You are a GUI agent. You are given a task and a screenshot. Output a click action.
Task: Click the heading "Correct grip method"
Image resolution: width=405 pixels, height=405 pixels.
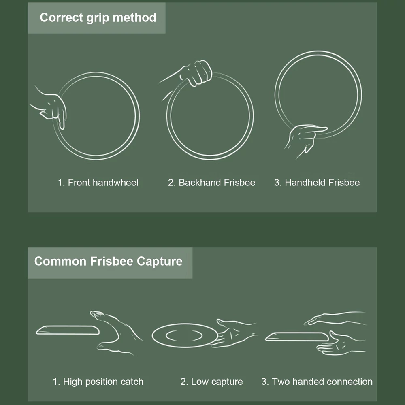tap(98, 17)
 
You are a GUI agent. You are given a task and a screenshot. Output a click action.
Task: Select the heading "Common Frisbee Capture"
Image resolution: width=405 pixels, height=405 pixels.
tap(108, 261)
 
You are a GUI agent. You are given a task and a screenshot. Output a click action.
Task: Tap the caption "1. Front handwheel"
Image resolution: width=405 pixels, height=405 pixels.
tap(98, 183)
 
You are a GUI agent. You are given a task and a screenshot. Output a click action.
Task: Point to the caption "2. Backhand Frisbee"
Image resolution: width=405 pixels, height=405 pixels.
tap(211, 183)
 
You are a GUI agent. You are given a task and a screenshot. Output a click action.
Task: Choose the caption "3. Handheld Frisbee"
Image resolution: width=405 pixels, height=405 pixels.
tap(317, 183)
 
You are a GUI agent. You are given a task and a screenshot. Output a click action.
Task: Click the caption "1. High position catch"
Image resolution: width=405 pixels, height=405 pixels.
tap(98, 382)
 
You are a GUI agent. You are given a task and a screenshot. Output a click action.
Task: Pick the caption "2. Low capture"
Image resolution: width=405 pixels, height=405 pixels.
tap(211, 382)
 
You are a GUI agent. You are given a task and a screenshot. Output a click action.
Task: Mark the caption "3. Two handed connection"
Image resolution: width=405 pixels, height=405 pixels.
tap(317, 382)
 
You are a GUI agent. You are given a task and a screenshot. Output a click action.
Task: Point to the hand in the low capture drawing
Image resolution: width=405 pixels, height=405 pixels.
tap(234, 334)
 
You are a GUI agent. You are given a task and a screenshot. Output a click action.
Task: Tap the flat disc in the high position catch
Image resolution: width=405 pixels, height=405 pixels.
tap(67, 330)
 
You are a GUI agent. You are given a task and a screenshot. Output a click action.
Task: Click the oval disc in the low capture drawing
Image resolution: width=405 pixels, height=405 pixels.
tap(185, 335)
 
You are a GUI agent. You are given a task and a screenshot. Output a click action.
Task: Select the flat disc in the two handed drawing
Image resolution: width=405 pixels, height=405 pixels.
tap(297, 337)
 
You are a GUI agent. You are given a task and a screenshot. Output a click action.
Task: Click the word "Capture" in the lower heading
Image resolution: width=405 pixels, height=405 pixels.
tap(160, 261)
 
